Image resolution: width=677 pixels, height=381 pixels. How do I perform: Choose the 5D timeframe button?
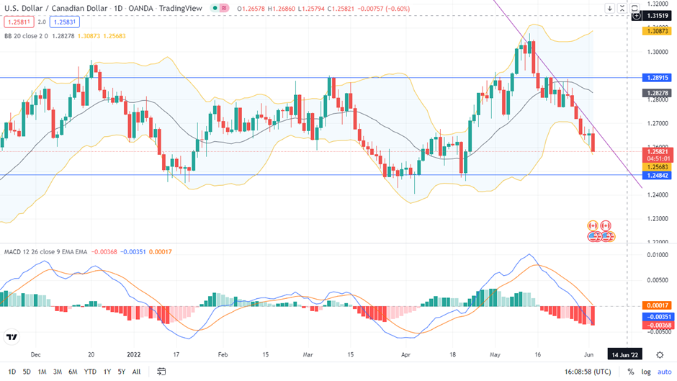[x=27, y=372]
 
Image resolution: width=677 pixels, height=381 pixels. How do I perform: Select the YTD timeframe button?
[x=90, y=372]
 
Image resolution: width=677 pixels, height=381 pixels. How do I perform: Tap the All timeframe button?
[x=136, y=372]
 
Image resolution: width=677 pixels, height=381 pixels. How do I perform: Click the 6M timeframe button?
[x=73, y=372]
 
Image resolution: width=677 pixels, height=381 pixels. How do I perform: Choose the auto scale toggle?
[x=664, y=372]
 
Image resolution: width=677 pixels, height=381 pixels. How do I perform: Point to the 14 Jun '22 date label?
[x=624, y=355]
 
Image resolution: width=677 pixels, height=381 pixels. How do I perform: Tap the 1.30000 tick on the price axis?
[x=657, y=52]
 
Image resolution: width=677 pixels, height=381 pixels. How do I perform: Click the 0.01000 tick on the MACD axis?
[x=657, y=255]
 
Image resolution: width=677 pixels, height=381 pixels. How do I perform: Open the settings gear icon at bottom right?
[x=660, y=355]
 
